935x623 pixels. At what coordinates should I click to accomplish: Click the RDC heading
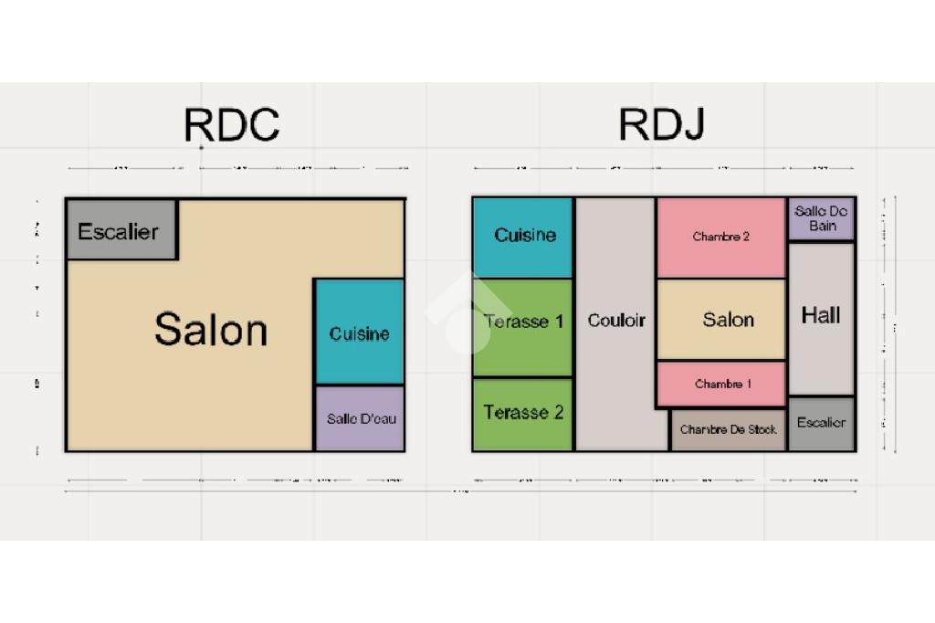pos(231,124)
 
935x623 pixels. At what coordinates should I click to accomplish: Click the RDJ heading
pos(661,124)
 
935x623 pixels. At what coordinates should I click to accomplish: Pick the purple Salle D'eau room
pos(360,419)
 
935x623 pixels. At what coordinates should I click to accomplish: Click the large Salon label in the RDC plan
pos(211,329)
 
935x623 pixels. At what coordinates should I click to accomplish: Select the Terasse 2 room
pos(523,414)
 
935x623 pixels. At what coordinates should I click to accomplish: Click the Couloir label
pos(615,321)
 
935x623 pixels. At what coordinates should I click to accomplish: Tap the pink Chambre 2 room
pos(720,238)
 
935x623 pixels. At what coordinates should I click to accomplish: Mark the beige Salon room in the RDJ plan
pos(721,320)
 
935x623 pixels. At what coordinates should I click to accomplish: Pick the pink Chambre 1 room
pos(721,384)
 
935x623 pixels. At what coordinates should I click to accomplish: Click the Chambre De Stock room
pos(728,429)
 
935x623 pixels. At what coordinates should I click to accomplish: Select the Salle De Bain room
pos(821,219)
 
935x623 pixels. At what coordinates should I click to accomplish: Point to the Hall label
pos(820,316)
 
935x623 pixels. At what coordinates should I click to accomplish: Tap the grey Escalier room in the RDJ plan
pos(821,423)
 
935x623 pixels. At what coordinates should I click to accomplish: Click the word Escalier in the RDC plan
pos(118,232)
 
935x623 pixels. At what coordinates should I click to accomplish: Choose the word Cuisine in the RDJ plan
pos(525,235)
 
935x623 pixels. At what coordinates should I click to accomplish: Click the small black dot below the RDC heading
pos(201,147)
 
